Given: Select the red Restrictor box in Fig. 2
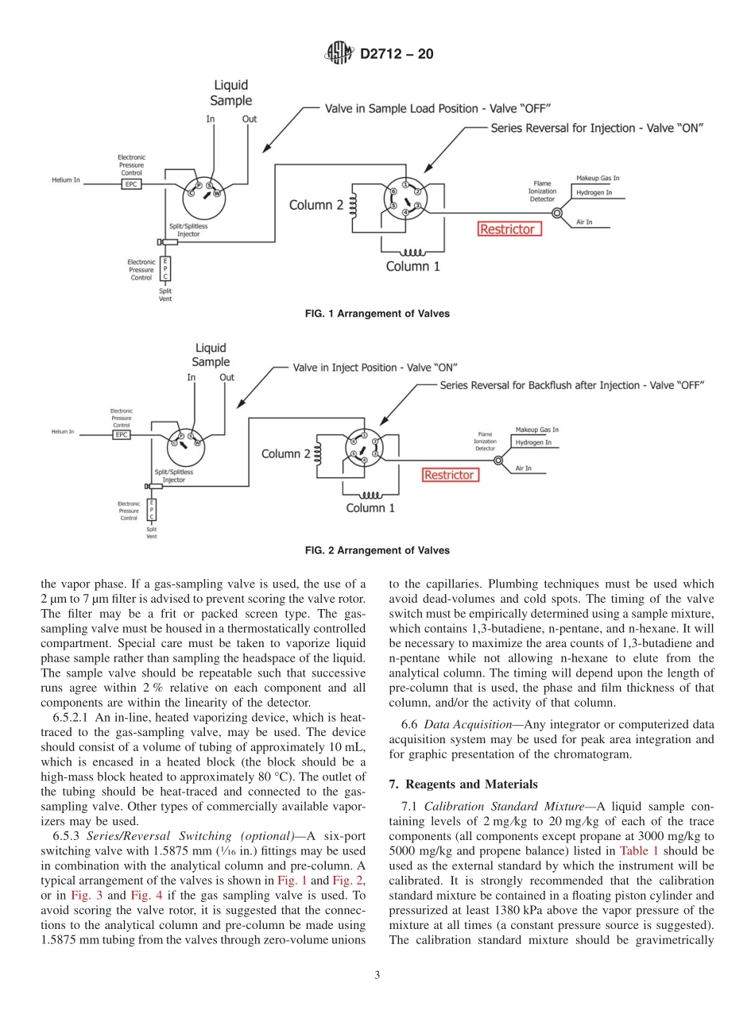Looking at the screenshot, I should pyautogui.click(x=449, y=475).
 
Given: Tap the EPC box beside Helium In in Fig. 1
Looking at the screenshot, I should pyautogui.click(x=131, y=183).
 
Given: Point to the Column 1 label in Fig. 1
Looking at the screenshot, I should pyautogui.click(x=412, y=267).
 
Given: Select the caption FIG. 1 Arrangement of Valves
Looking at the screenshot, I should pyautogui.click(x=377, y=314).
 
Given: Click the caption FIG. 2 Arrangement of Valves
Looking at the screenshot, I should pyautogui.click(x=377, y=550).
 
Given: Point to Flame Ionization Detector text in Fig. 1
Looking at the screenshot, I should pyautogui.click(x=542, y=191).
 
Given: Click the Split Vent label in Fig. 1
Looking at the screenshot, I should pyautogui.click(x=165, y=295).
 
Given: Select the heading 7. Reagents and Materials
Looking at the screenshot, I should pyautogui.click(x=463, y=784).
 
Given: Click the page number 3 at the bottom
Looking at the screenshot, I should pyautogui.click(x=377, y=976).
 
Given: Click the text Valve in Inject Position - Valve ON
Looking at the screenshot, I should pyautogui.click(x=374, y=368).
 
